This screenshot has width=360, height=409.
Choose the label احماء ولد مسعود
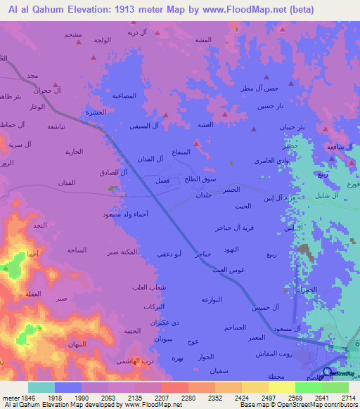(124, 214)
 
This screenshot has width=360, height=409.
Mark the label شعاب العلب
(148, 287)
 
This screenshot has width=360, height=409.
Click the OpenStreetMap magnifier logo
(327, 372)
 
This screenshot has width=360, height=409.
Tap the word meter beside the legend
(11, 397)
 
